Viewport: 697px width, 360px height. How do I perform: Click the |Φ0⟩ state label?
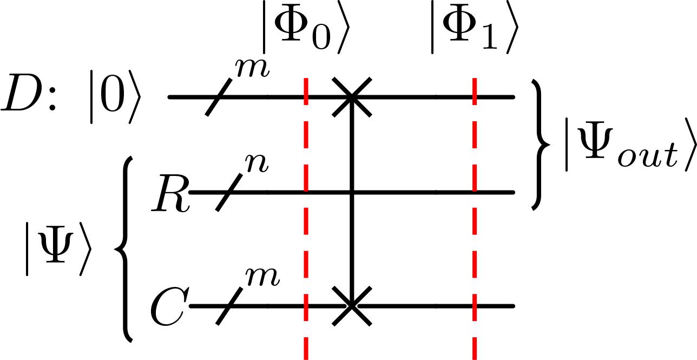coord(306,27)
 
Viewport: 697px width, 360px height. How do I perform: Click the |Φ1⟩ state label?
coord(475,27)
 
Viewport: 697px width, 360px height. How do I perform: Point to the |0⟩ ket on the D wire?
coord(115,97)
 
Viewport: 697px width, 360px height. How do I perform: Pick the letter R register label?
coord(170,194)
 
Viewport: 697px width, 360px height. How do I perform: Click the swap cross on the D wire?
coord(352,97)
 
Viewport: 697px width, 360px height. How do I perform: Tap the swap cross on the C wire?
coord(352,306)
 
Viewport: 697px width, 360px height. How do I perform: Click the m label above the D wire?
coord(252,68)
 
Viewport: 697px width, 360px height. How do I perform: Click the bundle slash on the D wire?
coord(219,97)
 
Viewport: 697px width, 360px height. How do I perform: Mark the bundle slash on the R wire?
coord(229,192)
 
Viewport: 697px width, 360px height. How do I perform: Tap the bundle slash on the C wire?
coord(229,306)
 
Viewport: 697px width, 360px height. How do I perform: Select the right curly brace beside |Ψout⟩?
coord(541,145)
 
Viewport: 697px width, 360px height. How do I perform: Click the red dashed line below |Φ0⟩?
coord(306,219)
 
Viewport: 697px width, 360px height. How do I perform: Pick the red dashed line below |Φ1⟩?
coord(475,219)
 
